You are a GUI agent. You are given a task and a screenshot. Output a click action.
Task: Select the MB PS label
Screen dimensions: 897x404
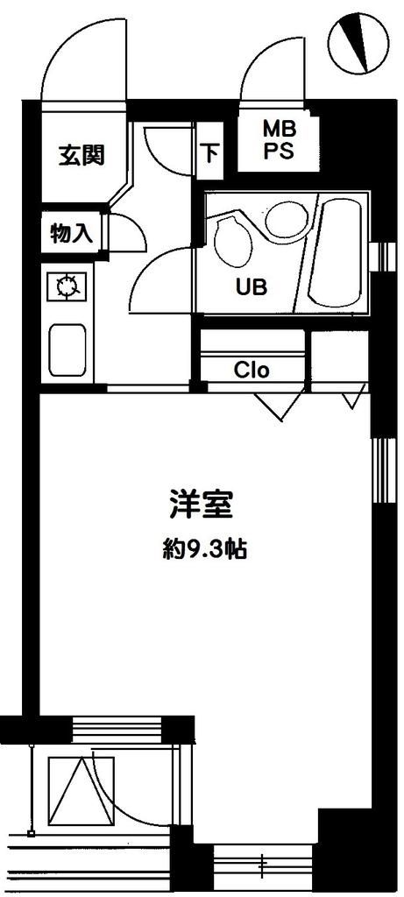(x=280, y=138)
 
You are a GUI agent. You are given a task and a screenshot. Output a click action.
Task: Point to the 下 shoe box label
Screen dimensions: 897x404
(x=211, y=153)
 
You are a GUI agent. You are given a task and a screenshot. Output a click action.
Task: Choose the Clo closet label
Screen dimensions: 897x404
(x=252, y=370)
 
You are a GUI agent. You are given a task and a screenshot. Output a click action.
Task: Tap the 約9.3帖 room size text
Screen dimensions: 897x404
(x=202, y=549)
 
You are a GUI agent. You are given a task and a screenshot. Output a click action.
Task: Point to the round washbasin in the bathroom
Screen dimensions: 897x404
(x=282, y=215)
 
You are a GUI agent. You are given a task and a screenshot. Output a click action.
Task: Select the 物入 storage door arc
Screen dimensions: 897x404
(x=124, y=230)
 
